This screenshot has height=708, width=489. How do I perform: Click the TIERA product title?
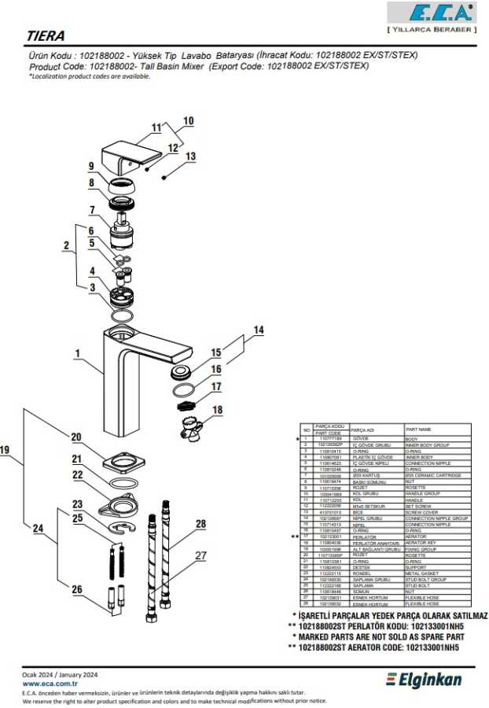(46, 36)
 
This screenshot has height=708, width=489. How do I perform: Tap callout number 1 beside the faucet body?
(78, 354)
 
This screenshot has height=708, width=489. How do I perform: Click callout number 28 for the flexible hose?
(200, 523)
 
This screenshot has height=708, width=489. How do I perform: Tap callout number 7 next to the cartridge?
(92, 210)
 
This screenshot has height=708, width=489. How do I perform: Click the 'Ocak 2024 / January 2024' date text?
(59, 675)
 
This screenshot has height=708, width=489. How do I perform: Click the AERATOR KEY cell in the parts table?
(425, 542)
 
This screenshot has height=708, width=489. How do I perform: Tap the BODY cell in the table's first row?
(412, 438)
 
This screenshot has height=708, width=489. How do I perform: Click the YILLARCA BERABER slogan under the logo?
(432, 29)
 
